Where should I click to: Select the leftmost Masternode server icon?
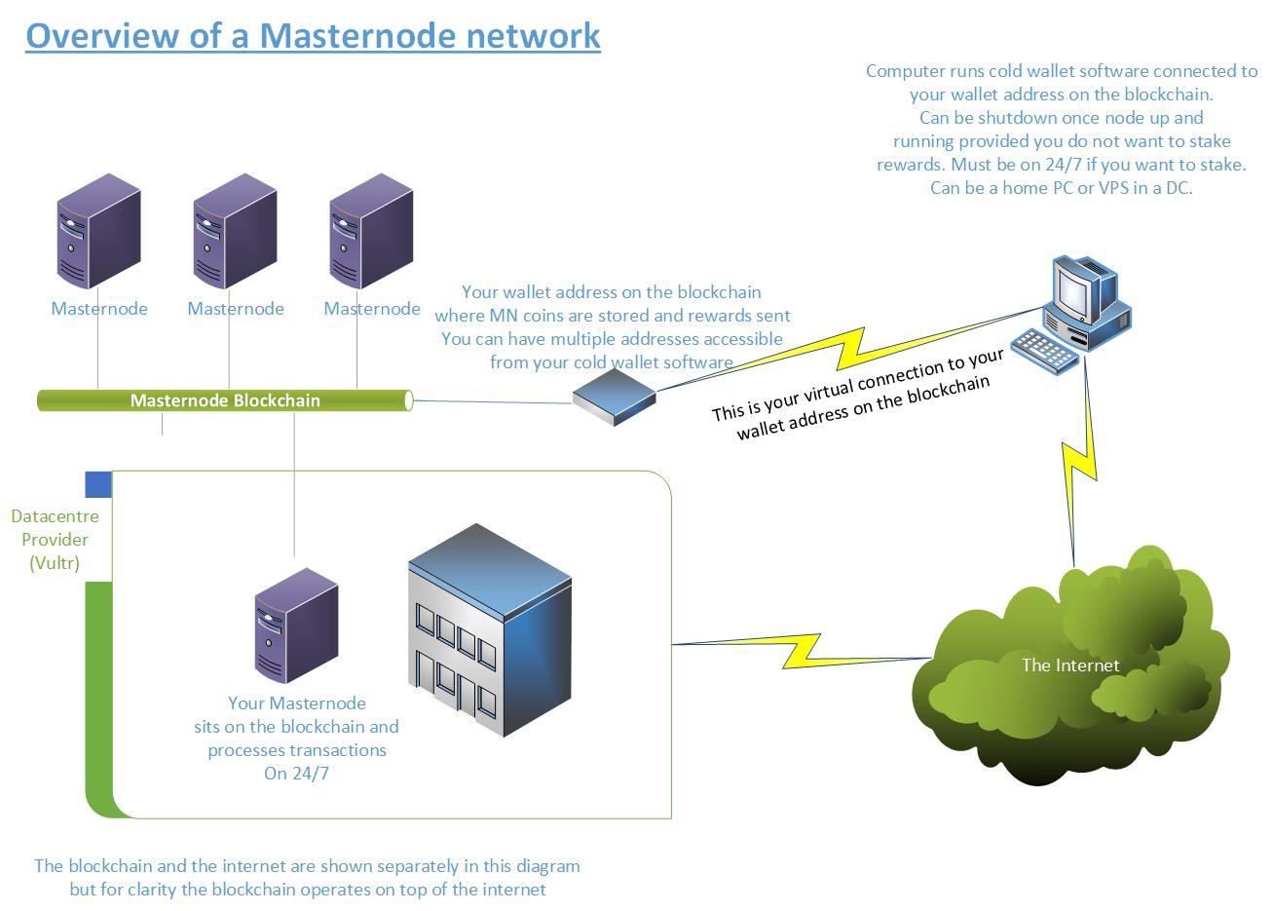click(x=98, y=232)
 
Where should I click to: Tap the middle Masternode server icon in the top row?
click(x=235, y=232)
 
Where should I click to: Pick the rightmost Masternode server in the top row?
click(x=371, y=232)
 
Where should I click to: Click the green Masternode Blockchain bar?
click(x=224, y=400)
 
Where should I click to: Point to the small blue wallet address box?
click(x=614, y=396)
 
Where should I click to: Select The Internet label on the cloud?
click(x=1069, y=665)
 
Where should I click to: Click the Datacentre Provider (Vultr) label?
click(x=55, y=540)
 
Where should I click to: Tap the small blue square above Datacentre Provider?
click(x=98, y=484)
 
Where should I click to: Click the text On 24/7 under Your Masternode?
click(x=296, y=775)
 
